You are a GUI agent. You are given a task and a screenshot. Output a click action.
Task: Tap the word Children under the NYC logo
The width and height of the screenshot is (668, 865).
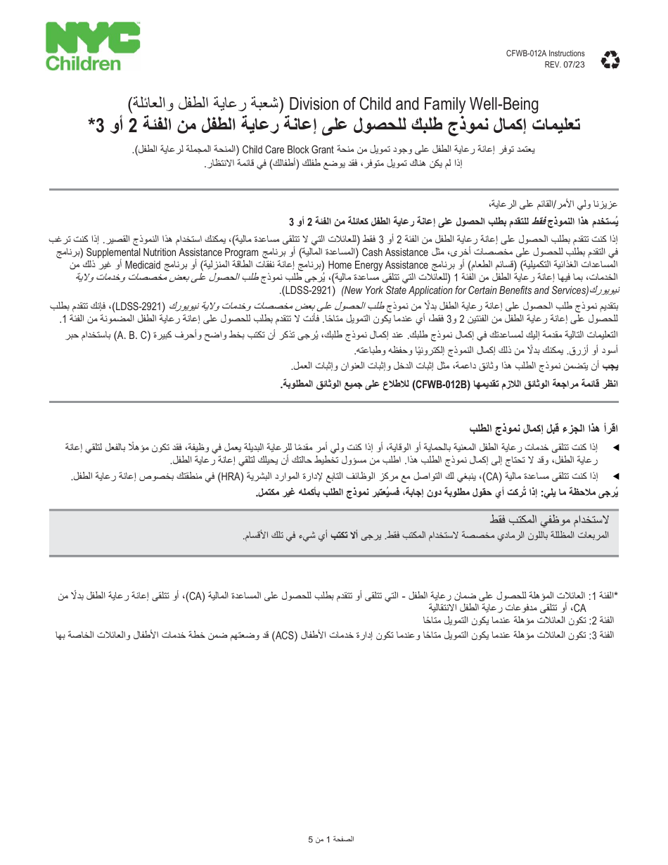coord(84,63)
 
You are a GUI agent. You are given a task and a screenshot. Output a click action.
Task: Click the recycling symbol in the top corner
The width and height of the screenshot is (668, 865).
coord(610,60)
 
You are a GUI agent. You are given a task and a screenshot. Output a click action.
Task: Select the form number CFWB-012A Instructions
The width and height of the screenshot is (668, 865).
coord(545,53)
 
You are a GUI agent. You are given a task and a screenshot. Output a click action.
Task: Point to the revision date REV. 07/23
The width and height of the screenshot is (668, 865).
coord(565,64)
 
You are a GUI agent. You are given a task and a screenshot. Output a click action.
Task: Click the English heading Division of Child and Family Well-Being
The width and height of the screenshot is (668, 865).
coord(414,105)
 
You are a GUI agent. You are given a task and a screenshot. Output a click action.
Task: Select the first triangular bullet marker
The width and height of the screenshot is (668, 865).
coord(616,447)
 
